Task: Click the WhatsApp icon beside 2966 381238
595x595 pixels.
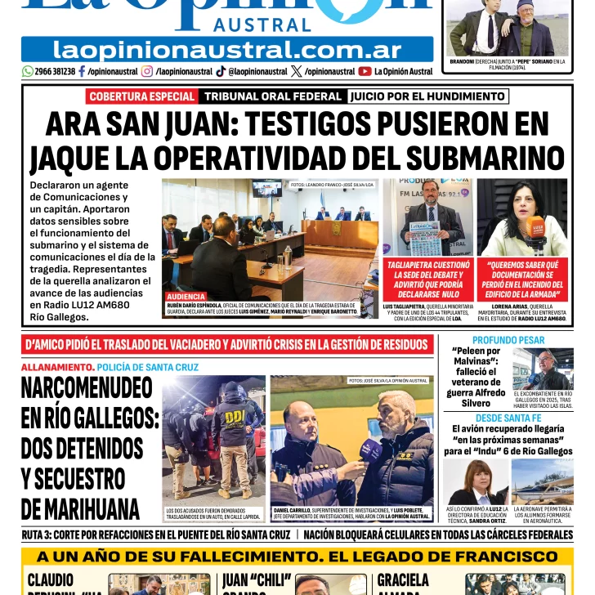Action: pos(28,71)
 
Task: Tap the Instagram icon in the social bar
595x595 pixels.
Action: pos(147,71)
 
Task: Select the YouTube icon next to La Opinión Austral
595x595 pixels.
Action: pos(365,71)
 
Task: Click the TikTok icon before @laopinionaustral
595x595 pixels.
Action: pos(221,71)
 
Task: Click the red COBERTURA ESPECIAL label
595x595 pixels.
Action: pos(141,96)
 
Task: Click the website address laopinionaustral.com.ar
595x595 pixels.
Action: pos(227,49)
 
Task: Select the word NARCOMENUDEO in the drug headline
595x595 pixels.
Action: pos(87,386)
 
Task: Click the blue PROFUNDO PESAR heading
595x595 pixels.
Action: pos(508,340)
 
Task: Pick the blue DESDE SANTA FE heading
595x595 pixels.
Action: pos(508,418)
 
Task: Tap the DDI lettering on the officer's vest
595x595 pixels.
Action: pos(235,414)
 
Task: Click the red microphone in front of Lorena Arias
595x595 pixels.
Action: pos(537,228)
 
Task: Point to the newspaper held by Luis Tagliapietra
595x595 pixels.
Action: pos(424,238)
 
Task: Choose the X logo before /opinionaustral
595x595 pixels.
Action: pos(295,71)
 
